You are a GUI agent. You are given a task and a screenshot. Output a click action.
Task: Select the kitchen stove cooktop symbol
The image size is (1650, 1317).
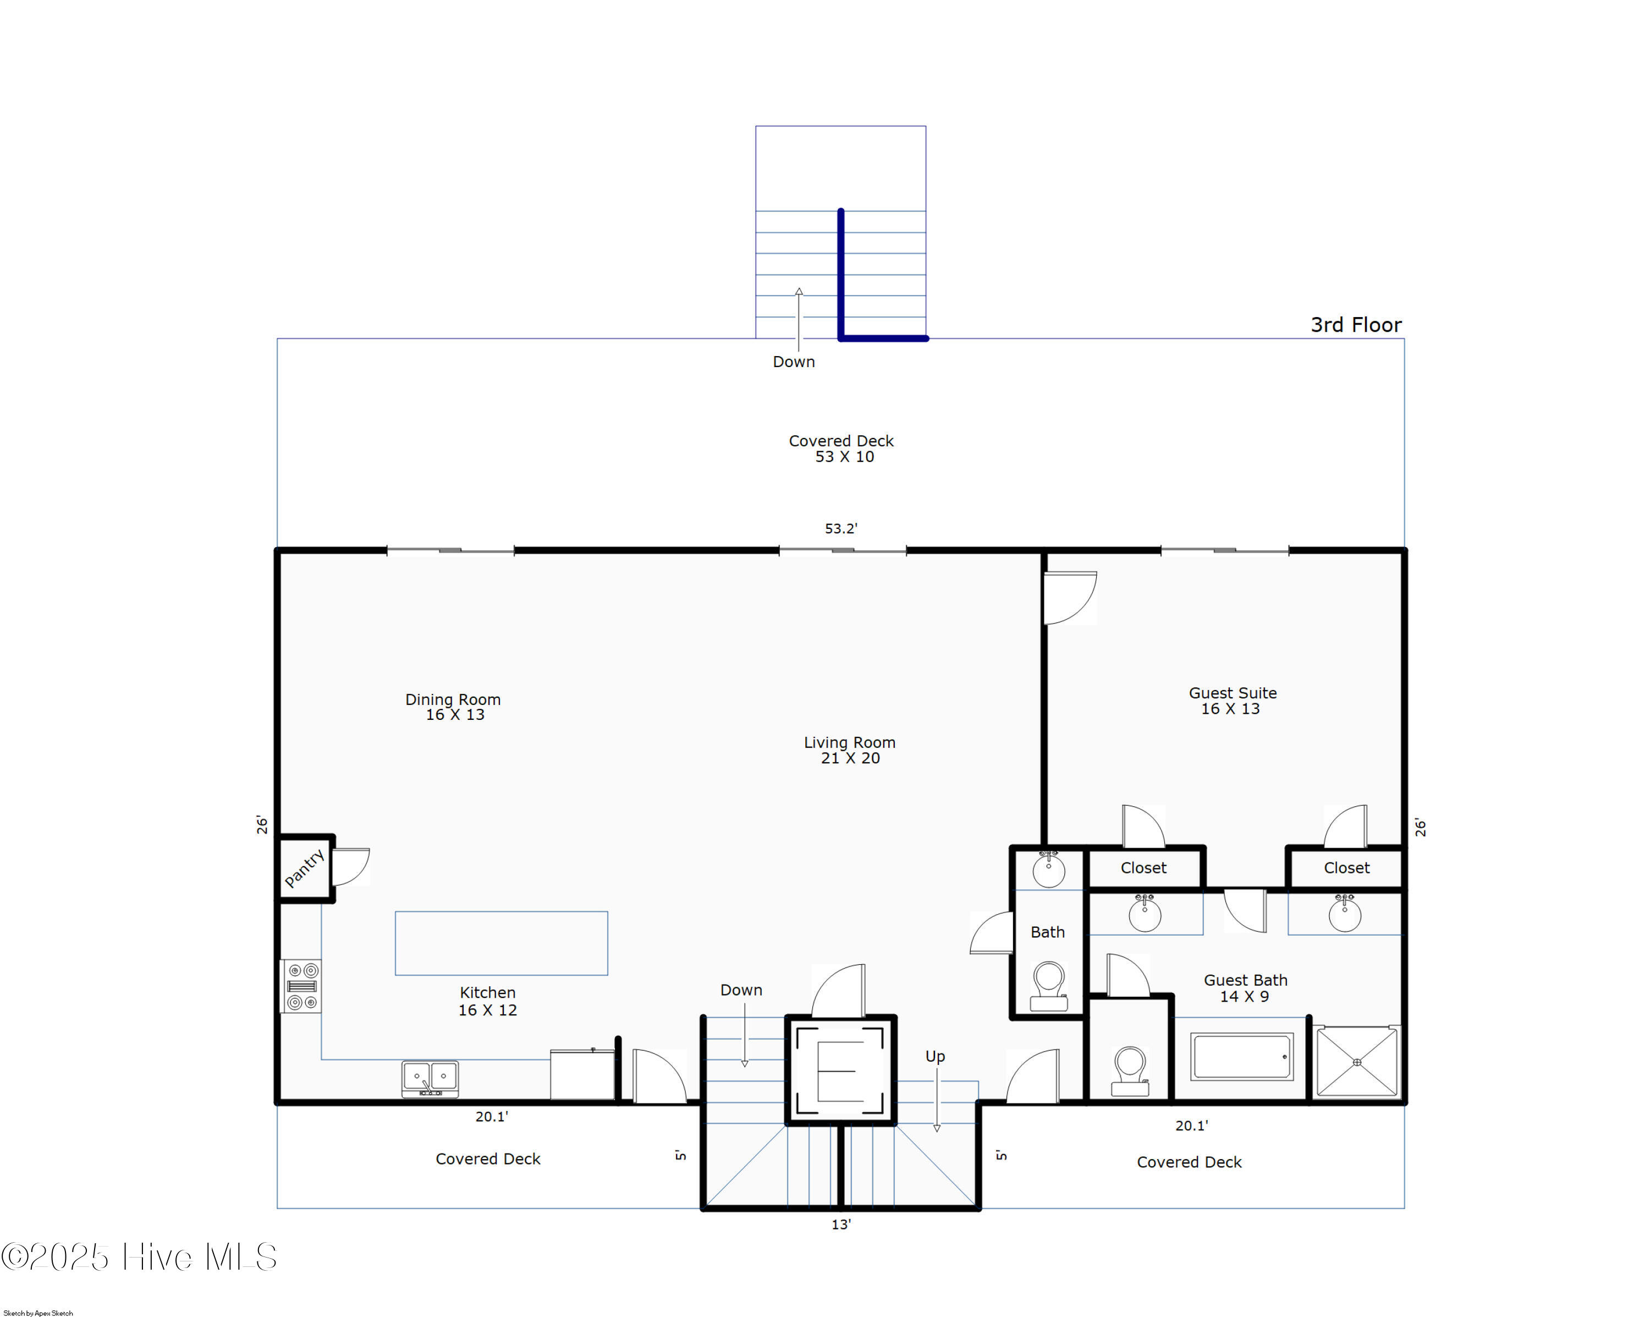(301, 986)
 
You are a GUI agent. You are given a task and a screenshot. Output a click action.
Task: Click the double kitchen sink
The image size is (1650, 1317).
(430, 1078)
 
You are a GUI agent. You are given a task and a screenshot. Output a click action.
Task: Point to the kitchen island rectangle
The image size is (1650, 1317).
(501, 943)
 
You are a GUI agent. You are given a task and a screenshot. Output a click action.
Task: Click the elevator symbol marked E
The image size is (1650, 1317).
(840, 1070)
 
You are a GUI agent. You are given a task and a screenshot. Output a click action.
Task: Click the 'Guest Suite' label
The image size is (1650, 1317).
(1232, 693)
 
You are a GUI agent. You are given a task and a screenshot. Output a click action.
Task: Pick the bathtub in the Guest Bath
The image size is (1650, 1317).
(1241, 1057)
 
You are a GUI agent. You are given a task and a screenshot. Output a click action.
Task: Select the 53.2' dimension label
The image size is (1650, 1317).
(840, 528)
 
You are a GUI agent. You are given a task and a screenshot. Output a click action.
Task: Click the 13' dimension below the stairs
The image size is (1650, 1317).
(840, 1225)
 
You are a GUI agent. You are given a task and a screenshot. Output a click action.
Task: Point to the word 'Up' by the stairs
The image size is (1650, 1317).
(934, 1057)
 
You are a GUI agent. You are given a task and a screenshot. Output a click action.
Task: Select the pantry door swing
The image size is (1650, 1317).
(351, 866)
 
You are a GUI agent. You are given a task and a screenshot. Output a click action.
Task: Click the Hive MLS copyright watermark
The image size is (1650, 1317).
(139, 1257)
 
